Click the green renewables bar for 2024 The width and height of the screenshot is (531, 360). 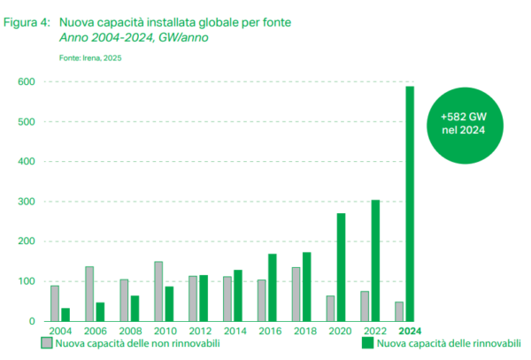(411, 203)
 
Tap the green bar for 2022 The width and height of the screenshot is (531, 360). (375, 260)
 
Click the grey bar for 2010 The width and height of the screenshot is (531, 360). (158, 291)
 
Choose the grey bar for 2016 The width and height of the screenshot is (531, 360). (261, 300)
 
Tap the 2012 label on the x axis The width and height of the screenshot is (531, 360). (198, 332)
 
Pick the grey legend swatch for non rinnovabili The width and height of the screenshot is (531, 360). (46, 343)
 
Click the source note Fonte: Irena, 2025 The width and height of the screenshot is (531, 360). (90, 57)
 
